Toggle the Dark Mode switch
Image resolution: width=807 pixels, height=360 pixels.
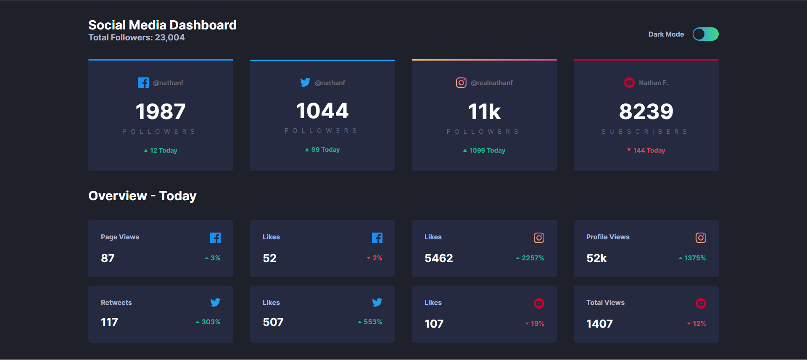(705, 34)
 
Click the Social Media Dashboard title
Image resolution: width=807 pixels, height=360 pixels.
(162, 25)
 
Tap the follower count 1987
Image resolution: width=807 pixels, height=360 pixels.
(161, 111)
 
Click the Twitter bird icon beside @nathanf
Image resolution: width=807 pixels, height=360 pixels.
(305, 82)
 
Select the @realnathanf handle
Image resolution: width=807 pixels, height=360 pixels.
(492, 83)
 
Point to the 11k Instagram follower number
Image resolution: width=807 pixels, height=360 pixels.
(484, 112)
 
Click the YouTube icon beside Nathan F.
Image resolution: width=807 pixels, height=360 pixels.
(629, 83)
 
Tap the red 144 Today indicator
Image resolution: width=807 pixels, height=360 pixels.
(646, 151)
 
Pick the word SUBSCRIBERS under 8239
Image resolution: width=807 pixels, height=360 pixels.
(645, 132)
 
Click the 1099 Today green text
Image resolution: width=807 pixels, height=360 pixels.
(484, 151)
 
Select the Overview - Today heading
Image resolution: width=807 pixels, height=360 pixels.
(142, 196)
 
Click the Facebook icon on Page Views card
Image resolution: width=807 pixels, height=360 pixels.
(215, 238)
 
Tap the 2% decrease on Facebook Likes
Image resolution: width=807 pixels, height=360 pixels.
(374, 258)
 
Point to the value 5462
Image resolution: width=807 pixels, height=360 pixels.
(439, 258)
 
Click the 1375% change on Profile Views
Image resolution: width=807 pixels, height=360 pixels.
(692, 258)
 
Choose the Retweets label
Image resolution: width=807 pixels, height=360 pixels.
(116, 303)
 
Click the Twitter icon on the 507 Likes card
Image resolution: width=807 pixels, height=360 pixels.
(377, 302)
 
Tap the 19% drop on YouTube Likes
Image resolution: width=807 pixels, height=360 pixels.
(535, 324)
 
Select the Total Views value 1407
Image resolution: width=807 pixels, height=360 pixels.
(599, 324)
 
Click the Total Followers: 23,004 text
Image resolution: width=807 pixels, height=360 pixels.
(137, 37)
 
